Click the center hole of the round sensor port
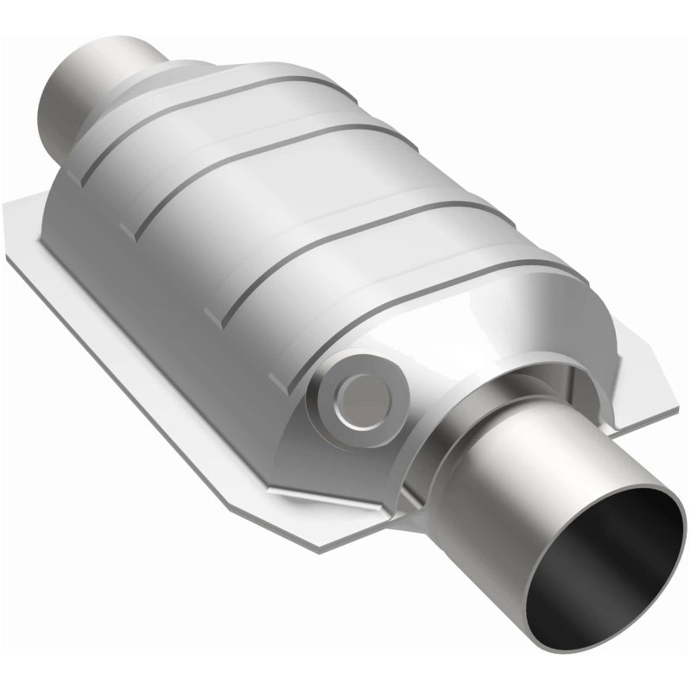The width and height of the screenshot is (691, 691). point(357,393)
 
